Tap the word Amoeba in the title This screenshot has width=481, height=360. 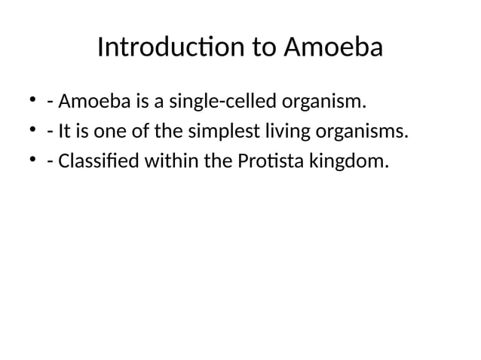click(x=332, y=48)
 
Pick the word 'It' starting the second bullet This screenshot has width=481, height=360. click(x=64, y=133)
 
